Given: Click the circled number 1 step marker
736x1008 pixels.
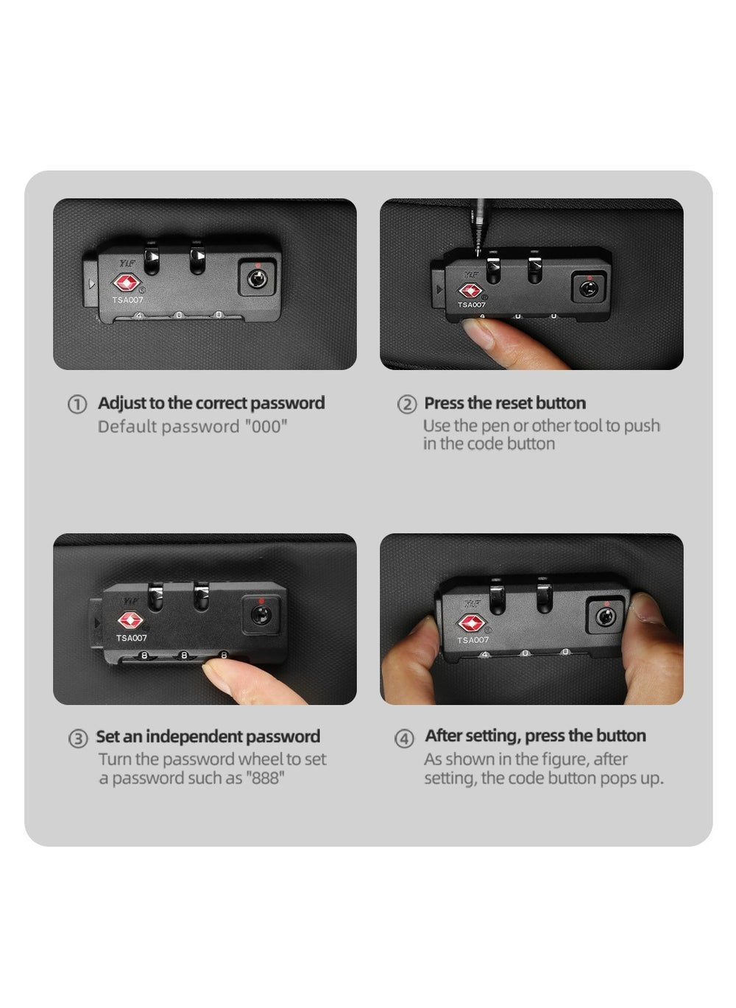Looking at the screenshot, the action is click(77, 404).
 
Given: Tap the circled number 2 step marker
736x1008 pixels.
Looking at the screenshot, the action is click(406, 404).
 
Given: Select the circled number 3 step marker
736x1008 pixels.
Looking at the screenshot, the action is click(78, 739).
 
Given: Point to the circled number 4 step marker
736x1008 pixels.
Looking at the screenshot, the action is click(404, 739).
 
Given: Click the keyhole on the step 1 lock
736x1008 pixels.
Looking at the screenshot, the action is click(257, 279).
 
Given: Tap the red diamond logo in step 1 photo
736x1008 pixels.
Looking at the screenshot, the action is click(127, 283).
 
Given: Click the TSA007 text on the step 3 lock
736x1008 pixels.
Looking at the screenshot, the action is click(132, 638).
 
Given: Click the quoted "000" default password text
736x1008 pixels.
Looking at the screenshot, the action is click(266, 426).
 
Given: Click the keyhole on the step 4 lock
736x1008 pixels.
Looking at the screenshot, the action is click(606, 617).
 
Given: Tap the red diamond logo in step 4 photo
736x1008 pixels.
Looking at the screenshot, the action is click(471, 623).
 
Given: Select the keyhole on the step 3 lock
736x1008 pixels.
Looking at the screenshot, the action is click(261, 614).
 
